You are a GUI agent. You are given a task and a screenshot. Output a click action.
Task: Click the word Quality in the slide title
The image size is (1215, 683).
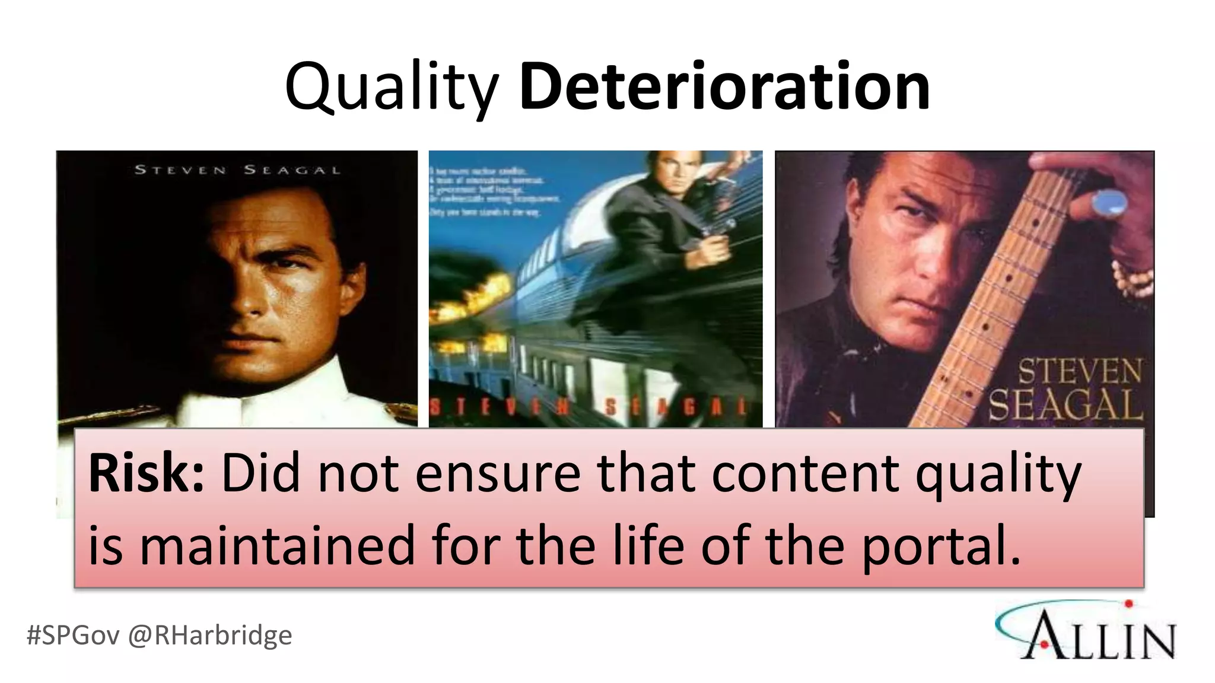coord(392,88)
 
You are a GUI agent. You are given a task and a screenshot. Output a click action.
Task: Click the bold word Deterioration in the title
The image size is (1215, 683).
coord(724,88)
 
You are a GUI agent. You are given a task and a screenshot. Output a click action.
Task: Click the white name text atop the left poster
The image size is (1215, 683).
coord(237,170)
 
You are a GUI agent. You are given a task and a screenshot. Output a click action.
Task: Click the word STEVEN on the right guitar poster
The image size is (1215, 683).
coord(1080,372)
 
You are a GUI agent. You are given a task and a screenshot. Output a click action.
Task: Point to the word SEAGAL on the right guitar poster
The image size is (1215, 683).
coord(1065,406)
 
